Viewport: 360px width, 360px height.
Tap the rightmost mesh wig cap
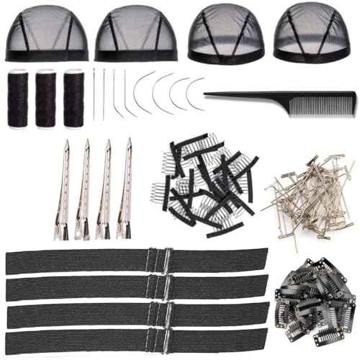[x=311, y=35]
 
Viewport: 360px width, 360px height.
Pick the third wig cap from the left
[x=225, y=35]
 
